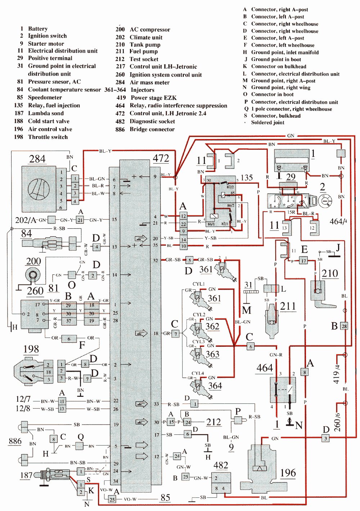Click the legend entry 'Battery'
(37, 29)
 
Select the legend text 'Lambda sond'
(46, 113)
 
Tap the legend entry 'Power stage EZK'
(153, 98)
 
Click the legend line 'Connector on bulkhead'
(278, 66)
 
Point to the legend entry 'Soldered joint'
(267, 122)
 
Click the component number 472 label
(161, 158)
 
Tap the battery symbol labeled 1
(291, 160)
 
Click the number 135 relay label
(247, 178)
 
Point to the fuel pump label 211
(288, 306)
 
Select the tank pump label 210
(330, 274)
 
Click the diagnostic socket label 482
(221, 465)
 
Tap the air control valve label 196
(288, 473)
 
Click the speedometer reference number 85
(165, 498)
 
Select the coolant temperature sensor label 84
(26, 233)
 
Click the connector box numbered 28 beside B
(344, 326)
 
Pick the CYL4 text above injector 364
(198, 373)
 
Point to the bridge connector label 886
(15, 441)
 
